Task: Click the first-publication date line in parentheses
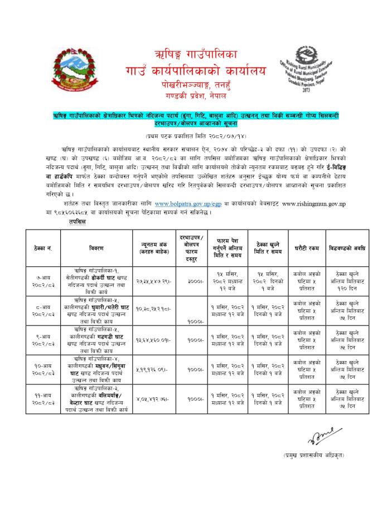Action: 196,135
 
